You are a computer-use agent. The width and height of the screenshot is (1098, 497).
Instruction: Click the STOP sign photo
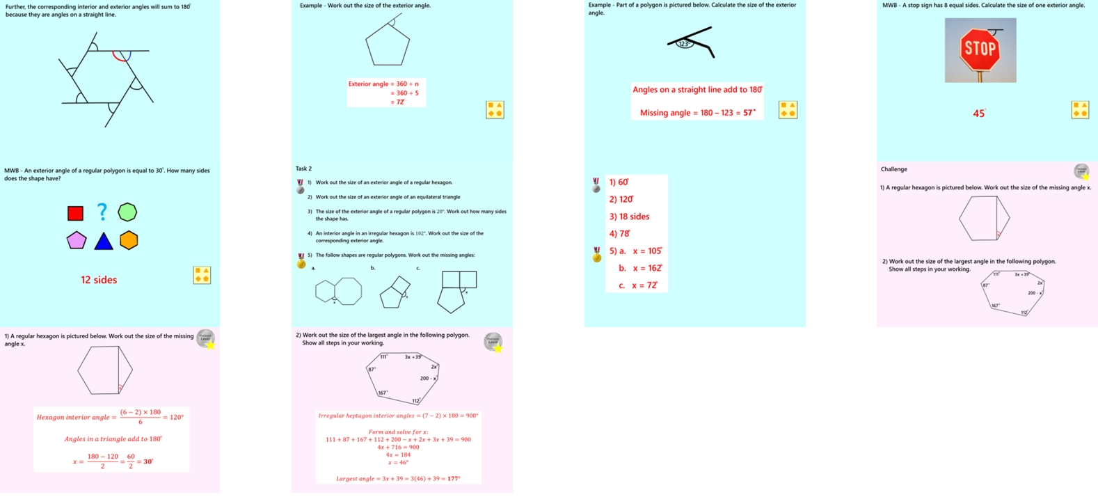980,49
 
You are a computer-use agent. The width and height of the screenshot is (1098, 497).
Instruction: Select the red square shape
75,213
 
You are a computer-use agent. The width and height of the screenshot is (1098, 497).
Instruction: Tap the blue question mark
102,211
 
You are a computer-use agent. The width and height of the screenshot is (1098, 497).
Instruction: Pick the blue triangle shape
104,242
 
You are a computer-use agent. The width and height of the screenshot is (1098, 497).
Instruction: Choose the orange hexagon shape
129,240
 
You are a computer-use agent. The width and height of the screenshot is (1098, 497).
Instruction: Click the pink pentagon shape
77,240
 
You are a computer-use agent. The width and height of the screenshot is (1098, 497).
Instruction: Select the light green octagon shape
127,212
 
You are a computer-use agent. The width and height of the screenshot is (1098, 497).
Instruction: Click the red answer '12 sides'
99,280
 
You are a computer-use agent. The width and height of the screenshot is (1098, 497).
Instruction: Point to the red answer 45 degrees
978,113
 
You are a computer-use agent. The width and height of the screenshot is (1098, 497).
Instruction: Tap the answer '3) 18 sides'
629,216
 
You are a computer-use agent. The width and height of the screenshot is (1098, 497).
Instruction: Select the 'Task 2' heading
303,168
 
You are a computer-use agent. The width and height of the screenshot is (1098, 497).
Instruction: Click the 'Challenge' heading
893,169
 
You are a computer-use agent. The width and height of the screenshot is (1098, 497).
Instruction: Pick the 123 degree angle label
684,44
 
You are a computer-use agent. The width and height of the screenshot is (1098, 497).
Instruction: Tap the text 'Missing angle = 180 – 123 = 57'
697,113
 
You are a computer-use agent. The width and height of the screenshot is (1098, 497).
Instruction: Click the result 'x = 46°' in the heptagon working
398,462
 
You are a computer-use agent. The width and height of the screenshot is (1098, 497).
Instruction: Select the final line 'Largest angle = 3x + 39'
398,478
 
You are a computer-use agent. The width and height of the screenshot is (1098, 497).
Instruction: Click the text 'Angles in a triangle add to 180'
113,439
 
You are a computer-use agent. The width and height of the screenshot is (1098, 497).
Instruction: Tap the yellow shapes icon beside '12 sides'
202,275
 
